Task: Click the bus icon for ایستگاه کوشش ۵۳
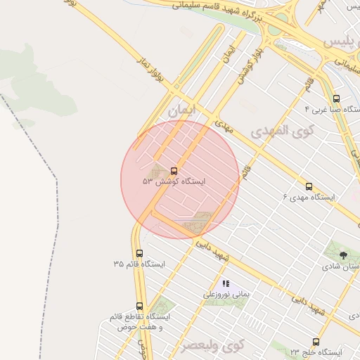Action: click(174, 171)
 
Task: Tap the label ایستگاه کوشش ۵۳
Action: click(173, 181)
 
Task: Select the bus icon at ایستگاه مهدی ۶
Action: click(309, 186)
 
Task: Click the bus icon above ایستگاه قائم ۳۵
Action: click(139, 253)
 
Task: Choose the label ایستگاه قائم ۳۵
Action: click(139, 264)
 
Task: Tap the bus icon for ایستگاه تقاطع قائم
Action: click(139, 306)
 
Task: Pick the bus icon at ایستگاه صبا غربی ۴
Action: click(336, 99)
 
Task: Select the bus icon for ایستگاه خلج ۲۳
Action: click(315, 341)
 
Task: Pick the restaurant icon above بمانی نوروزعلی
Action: click(226, 283)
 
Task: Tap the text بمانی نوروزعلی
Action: click(226, 295)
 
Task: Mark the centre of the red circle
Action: click(180, 180)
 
